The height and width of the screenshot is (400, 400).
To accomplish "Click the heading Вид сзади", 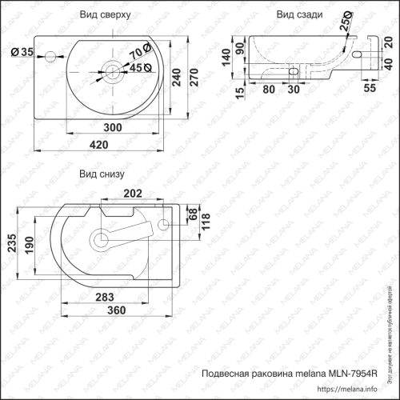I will coord(299,15).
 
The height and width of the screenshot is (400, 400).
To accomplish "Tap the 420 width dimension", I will coord(99,145).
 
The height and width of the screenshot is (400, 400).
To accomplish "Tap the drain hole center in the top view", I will coord(111,76).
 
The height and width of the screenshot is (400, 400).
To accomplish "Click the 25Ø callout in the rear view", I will coord(346,25).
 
